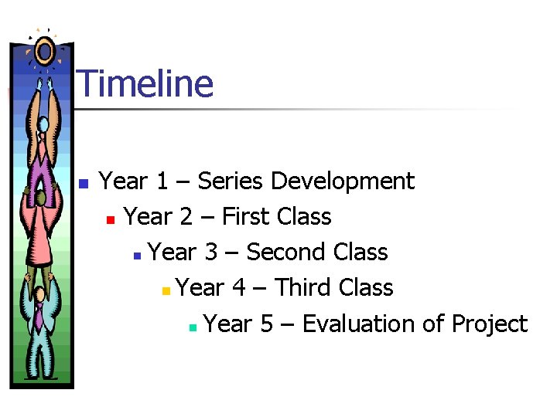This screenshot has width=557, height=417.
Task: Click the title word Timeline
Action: [145, 83]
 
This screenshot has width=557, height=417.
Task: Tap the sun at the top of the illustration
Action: [44, 52]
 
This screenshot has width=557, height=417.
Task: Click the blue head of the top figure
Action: [44, 124]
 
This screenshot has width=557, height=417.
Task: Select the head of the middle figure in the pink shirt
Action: [40, 199]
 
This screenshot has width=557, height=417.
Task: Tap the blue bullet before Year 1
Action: [84, 184]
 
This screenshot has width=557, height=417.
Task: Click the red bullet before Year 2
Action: [111, 219]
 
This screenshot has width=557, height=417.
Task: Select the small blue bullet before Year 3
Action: [136, 255]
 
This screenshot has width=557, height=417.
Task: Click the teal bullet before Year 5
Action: [192, 327]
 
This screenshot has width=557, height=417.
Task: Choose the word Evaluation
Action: [359, 324]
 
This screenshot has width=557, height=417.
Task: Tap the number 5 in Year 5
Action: [267, 324]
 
